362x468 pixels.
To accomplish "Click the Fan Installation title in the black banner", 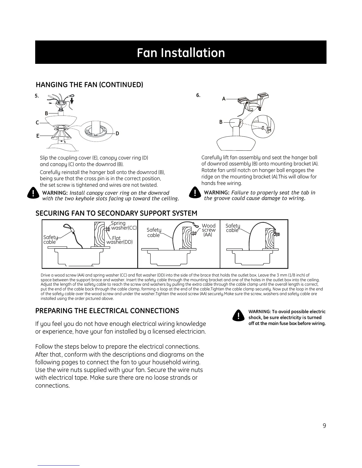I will pyautogui.click(x=181, y=53).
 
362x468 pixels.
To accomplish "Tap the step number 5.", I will pyautogui.click(x=37, y=96).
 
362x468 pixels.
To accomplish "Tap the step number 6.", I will pyautogui.click(x=198, y=95).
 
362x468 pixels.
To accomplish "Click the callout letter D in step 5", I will pyautogui.click(x=117, y=134).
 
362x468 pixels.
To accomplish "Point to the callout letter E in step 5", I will pyautogui.click(x=38, y=136).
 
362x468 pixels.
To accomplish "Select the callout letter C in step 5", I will pyautogui.click(x=37, y=123).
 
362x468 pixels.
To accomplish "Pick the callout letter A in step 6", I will pyautogui.click(x=224, y=99).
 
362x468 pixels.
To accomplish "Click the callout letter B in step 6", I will pyautogui.click(x=221, y=122).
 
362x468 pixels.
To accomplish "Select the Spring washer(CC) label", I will pyautogui.click(x=123, y=225).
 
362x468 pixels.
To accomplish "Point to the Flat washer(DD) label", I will pyautogui.click(x=119, y=240).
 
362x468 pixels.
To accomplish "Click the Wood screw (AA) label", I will pyautogui.click(x=209, y=230).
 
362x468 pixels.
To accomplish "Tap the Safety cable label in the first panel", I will pyautogui.click(x=50, y=239).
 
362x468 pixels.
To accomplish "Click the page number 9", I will pyautogui.click(x=324, y=426).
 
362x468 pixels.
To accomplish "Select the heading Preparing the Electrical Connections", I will pyautogui.click(x=107, y=311).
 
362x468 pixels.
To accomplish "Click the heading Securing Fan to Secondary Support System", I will pyautogui.click(x=116, y=213).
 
